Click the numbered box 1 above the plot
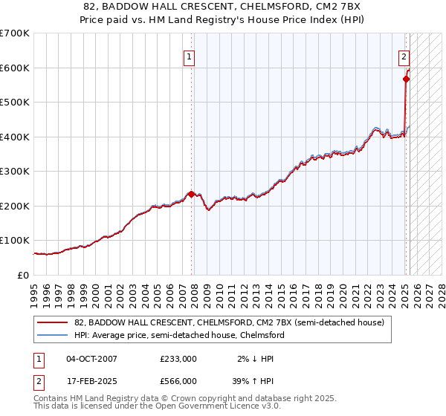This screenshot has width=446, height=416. [190, 56]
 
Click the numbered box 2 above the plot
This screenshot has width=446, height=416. [404, 56]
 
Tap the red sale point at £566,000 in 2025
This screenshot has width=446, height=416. [407, 79]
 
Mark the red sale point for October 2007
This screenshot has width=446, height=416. [192, 195]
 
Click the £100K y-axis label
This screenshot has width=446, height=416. [15, 241]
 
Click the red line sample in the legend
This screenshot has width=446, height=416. [51, 323]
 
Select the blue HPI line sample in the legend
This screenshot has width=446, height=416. [51, 335]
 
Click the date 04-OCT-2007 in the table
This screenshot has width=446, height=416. [91, 358]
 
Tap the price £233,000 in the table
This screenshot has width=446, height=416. [178, 358]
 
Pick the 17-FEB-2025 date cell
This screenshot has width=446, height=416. [91, 381]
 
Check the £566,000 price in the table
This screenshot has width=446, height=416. [178, 381]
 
